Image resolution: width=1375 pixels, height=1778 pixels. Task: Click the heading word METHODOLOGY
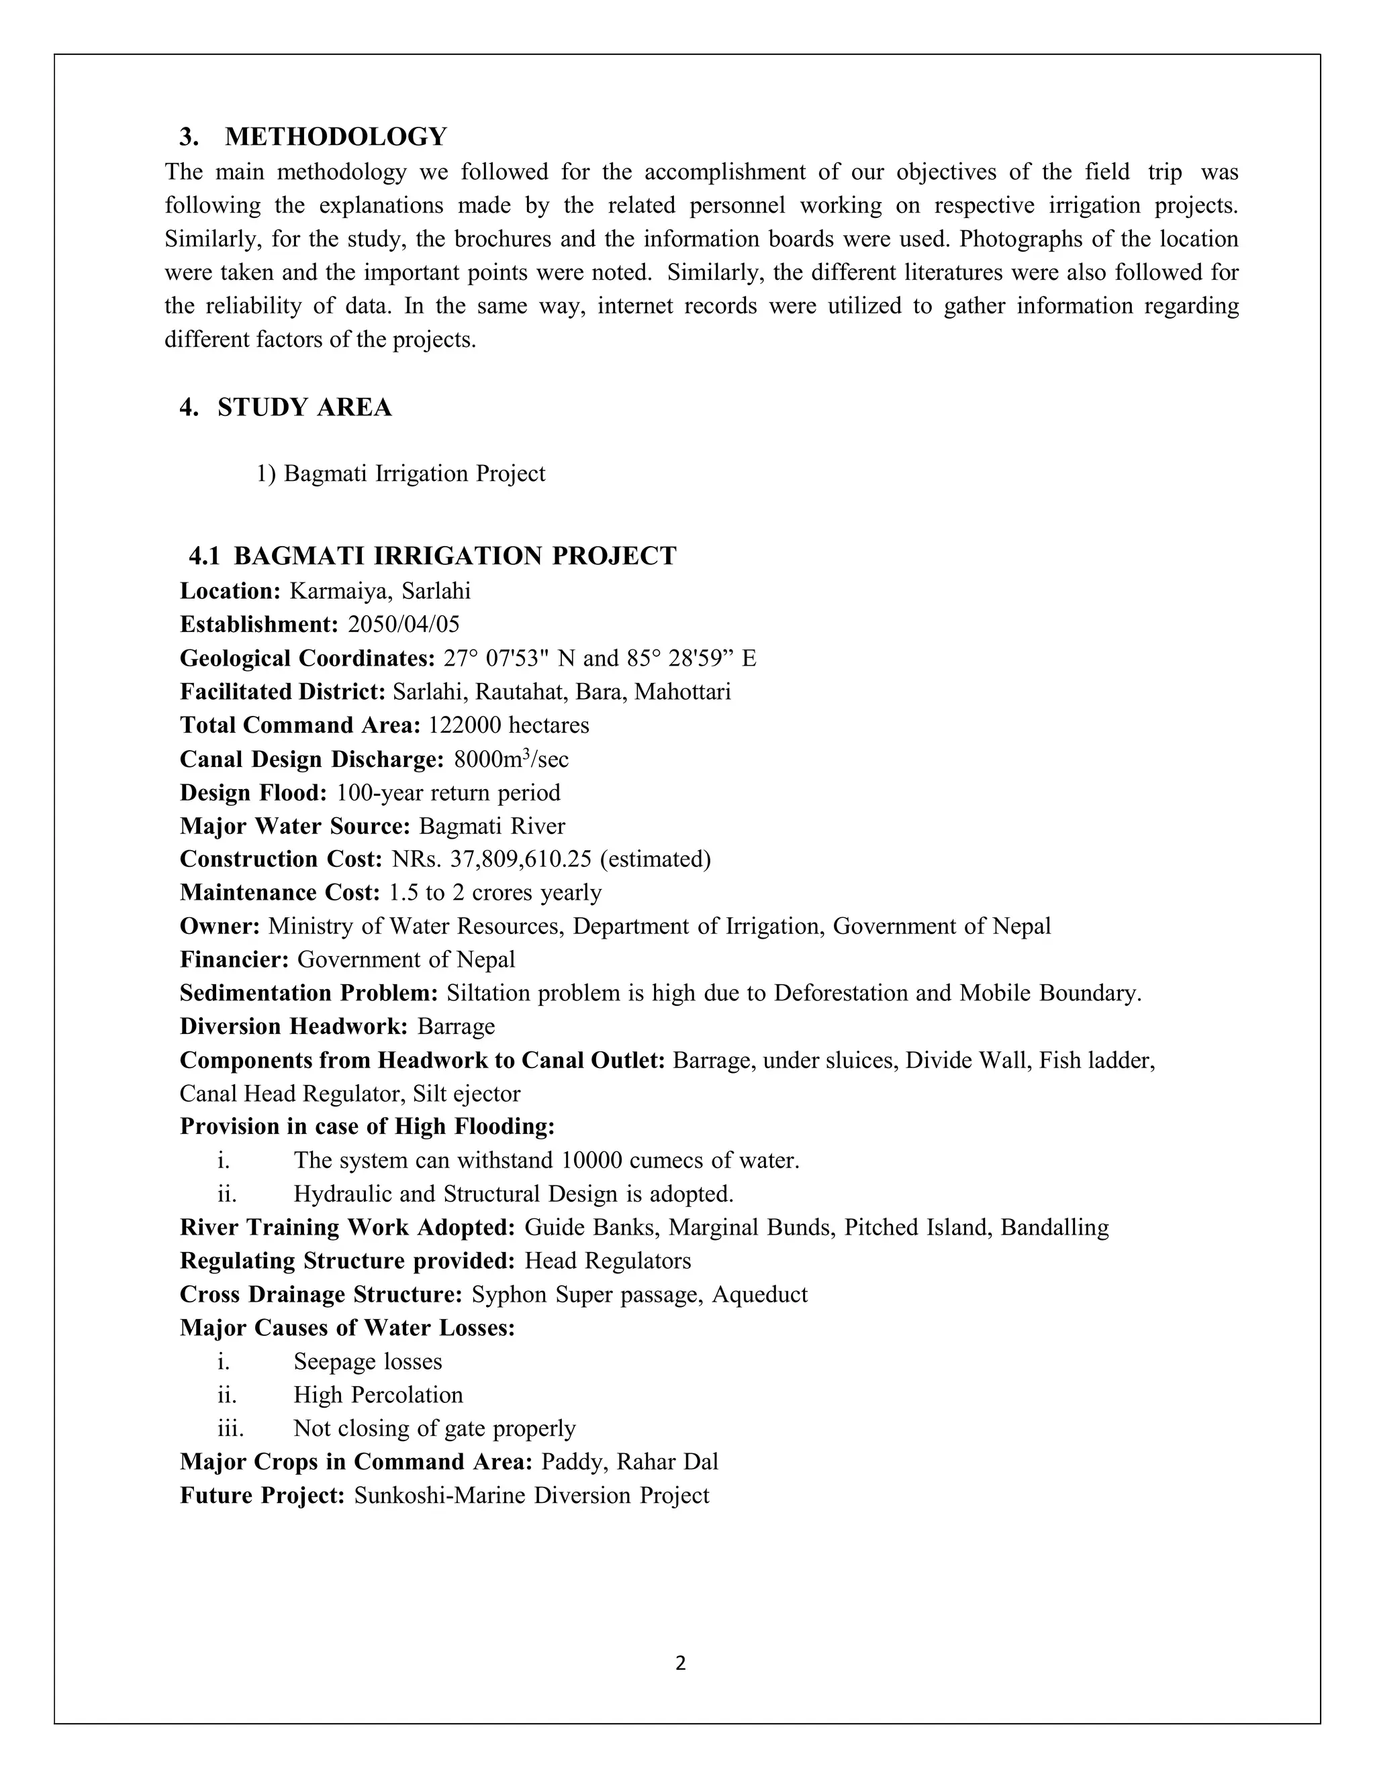tap(336, 137)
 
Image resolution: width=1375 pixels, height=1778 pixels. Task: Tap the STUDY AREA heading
tap(304, 407)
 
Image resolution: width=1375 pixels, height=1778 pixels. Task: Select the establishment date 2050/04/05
tap(404, 625)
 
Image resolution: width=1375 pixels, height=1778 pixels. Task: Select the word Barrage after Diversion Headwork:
tap(456, 1026)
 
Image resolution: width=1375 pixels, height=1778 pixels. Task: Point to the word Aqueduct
tap(759, 1294)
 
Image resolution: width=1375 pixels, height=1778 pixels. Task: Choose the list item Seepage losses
tap(367, 1361)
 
